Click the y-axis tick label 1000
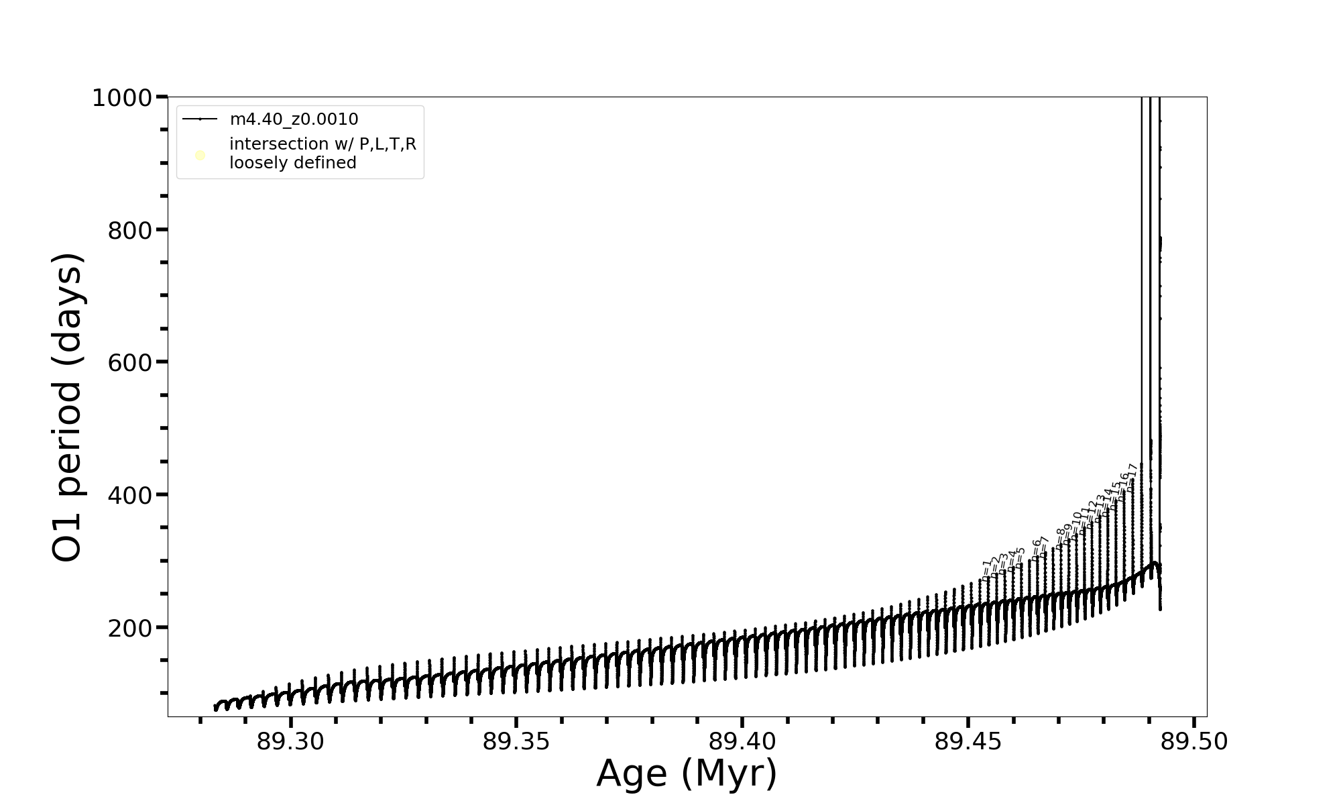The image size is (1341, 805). [x=123, y=99]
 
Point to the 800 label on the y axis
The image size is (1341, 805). [x=130, y=231]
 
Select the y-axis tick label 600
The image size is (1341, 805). [x=130, y=363]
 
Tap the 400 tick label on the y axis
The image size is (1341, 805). [x=130, y=496]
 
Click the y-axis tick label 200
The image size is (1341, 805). [x=130, y=629]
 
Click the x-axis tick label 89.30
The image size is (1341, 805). [x=290, y=742]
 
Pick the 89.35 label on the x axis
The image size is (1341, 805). [x=516, y=742]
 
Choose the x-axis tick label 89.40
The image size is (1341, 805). [x=742, y=742]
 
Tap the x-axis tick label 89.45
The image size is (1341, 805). [x=968, y=742]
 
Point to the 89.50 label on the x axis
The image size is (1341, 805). [x=1194, y=742]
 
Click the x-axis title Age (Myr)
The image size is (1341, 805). [x=687, y=773]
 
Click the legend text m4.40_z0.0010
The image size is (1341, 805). [x=294, y=119]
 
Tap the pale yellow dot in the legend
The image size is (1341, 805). [x=200, y=156]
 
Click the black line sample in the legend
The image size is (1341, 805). [x=200, y=119]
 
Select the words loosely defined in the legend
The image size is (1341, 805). [x=292, y=163]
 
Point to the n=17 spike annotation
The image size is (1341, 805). [x=1131, y=477]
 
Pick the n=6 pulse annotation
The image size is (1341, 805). [x=1037, y=548]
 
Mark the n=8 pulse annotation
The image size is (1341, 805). [x=1060, y=538]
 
